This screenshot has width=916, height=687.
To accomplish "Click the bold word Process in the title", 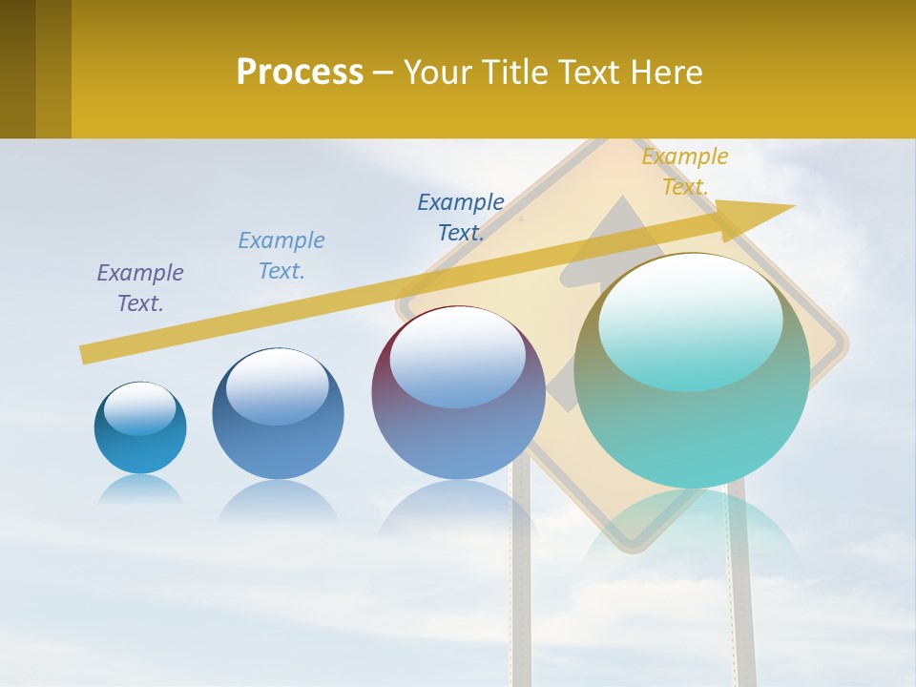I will (300, 72).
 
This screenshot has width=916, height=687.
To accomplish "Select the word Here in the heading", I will (665, 72).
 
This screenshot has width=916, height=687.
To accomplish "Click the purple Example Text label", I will (140, 288).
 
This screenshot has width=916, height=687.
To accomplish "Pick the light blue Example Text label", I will (281, 256).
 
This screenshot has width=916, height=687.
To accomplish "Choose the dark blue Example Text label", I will (461, 218).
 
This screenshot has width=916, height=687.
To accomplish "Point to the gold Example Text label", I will (685, 172).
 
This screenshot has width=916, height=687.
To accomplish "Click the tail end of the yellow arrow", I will (88, 354).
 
